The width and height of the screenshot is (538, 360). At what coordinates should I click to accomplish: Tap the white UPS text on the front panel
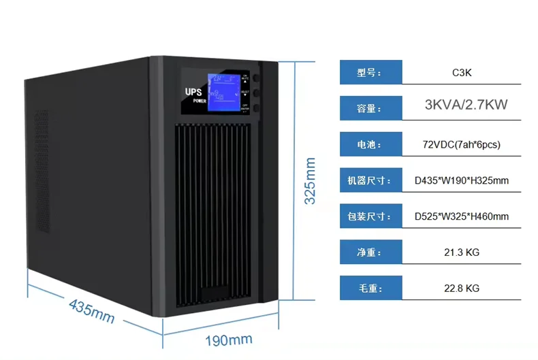click(193, 91)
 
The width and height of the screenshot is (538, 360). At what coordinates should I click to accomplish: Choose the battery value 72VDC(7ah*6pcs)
click(462, 144)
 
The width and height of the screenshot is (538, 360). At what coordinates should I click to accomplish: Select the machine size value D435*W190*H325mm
click(462, 181)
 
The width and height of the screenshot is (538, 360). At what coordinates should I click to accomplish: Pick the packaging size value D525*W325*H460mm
click(462, 217)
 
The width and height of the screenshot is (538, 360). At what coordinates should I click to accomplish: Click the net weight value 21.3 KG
click(462, 252)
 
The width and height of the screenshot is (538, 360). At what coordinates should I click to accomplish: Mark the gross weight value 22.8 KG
click(462, 289)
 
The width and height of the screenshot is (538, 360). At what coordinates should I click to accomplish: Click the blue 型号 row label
click(370, 72)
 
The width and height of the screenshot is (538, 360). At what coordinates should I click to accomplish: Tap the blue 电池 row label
click(370, 145)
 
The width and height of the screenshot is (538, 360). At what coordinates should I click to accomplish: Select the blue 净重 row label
click(370, 252)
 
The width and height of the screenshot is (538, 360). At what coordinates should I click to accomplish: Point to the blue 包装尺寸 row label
click(370, 217)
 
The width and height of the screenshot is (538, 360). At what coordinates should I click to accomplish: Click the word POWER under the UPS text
click(199, 101)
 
